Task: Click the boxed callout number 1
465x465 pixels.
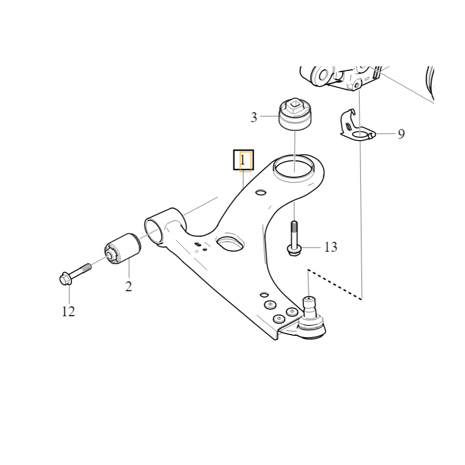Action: pos(243,160)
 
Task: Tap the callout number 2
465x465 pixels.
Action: pos(128,287)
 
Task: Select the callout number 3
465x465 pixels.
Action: pos(254,117)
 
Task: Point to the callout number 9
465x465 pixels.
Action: pos(401,134)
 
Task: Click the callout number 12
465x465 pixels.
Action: pos(68,312)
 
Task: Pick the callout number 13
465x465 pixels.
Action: pos(331,246)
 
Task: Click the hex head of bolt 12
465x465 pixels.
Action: pos(65,279)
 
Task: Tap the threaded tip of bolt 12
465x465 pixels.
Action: pos(88,267)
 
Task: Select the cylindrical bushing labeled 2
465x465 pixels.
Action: pos(123,249)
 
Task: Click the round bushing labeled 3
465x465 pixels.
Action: pos(295,115)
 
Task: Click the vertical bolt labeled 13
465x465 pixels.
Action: pos(294,239)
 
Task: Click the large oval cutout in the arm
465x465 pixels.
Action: pos(231,242)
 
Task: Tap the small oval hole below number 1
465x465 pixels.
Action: pos(260,192)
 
